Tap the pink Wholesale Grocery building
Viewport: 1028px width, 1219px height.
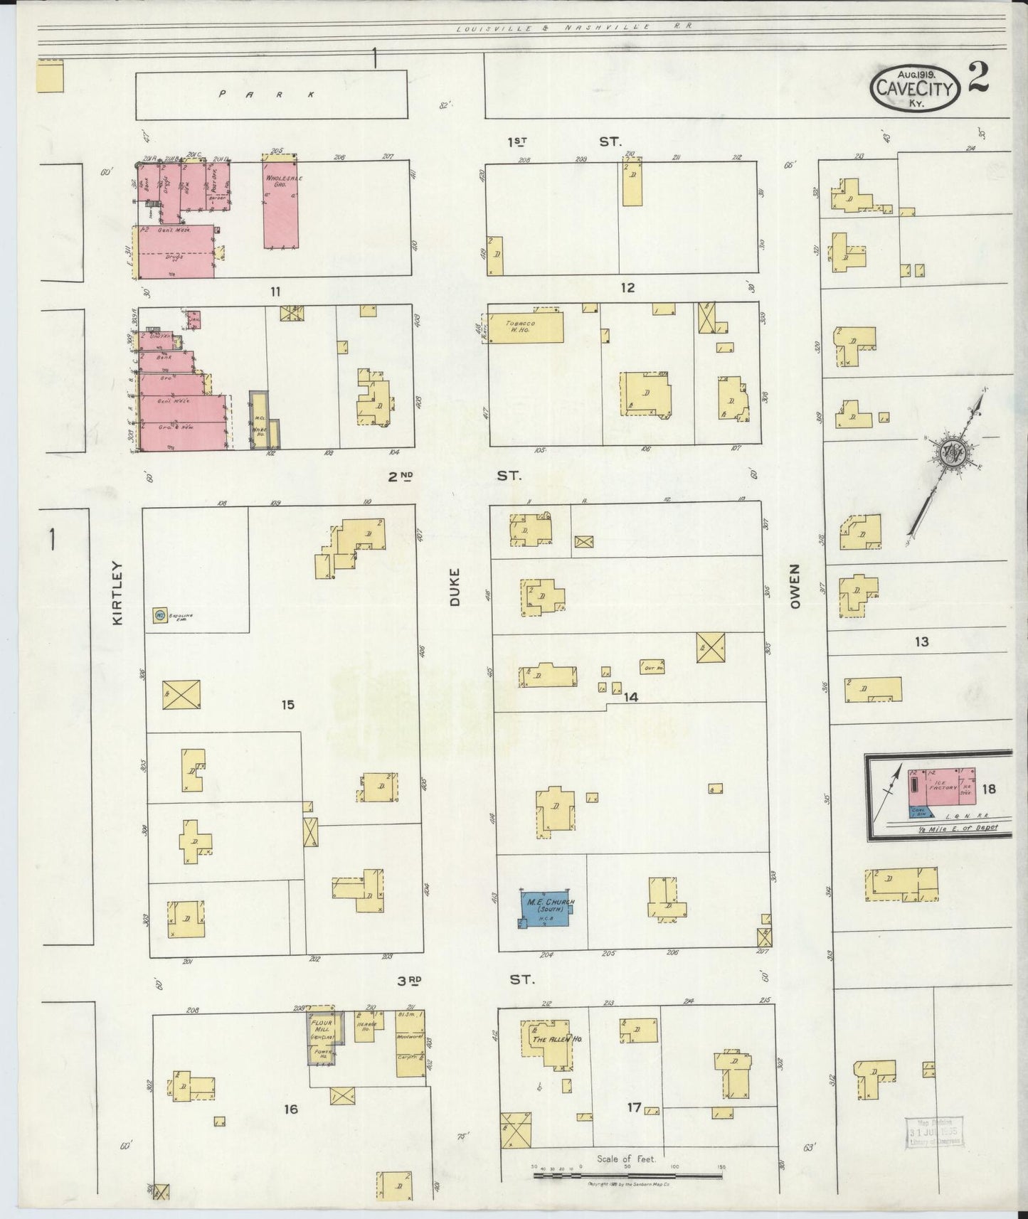pyautogui.click(x=280, y=201)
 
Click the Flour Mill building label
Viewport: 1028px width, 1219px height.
pyautogui.click(x=320, y=1026)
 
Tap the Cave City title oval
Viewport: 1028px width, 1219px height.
pyautogui.click(x=915, y=87)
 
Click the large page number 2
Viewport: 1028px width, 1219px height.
pyautogui.click(x=979, y=79)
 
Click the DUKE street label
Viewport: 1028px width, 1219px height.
pyautogui.click(x=455, y=587)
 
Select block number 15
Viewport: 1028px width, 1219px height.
pyautogui.click(x=287, y=705)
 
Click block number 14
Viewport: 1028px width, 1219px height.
pyautogui.click(x=630, y=698)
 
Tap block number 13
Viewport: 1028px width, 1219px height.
pyautogui.click(x=921, y=642)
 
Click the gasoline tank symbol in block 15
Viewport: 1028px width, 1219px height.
pyautogui.click(x=160, y=614)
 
